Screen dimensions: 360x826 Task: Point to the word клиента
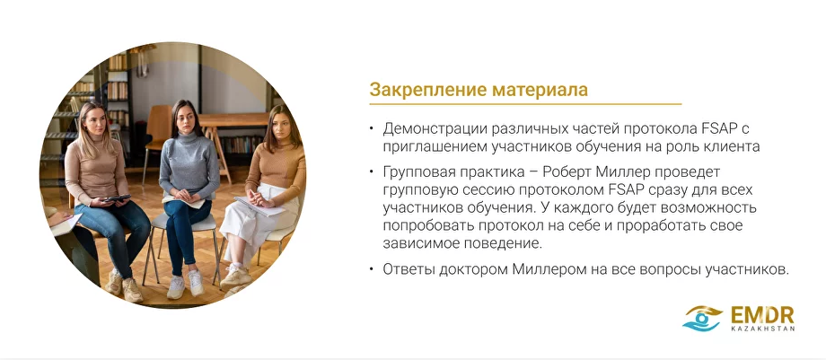coord(733,145)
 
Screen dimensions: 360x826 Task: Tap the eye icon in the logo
coord(702,318)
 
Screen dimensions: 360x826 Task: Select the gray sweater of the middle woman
coord(189,166)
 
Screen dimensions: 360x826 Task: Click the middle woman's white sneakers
coord(185,285)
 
